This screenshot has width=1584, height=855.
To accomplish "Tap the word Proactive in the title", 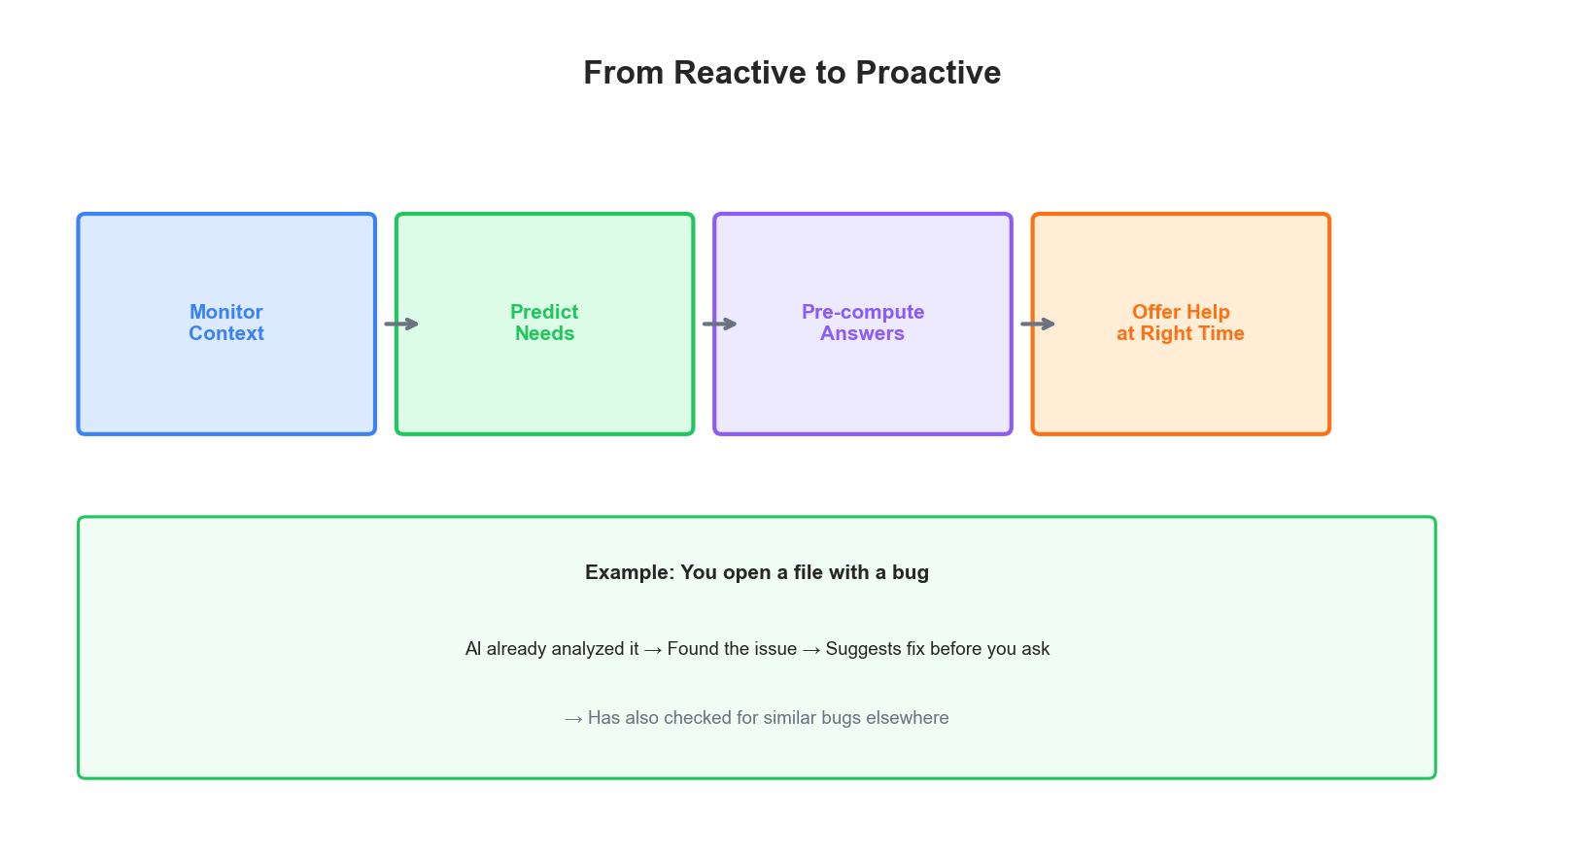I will [x=928, y=73].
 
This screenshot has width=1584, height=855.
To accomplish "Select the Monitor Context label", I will [x=226, y=323].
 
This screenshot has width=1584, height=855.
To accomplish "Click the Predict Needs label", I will [x=544, y=323].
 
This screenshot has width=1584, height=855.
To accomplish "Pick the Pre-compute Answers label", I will [x=863, y=323].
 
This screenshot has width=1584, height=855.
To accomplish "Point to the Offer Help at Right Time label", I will [x=1181, y=323].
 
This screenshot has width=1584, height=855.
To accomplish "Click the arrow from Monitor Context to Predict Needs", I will [x=401, y=324].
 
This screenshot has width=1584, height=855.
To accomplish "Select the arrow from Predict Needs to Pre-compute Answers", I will [x=720, y=324].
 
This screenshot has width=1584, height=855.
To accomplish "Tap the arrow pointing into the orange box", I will [x=1038, y=324].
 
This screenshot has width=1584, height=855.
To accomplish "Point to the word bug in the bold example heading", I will [x=911, y=572].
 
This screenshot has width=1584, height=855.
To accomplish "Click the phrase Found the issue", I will [x=732, y=649].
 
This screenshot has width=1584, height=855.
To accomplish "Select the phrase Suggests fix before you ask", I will [x=938, y=649].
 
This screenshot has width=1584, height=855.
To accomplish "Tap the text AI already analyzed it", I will [x=552, y=649].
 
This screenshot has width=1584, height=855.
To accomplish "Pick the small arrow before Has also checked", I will [x=573, y=719].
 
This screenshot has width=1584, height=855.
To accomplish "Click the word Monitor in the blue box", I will [x=226, y=312].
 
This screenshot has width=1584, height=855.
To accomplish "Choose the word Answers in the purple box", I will [x=862, y=333].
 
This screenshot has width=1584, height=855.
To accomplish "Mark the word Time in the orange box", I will [x=1221, y=333].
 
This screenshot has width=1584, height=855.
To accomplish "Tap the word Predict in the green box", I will [x=544, y=312].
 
